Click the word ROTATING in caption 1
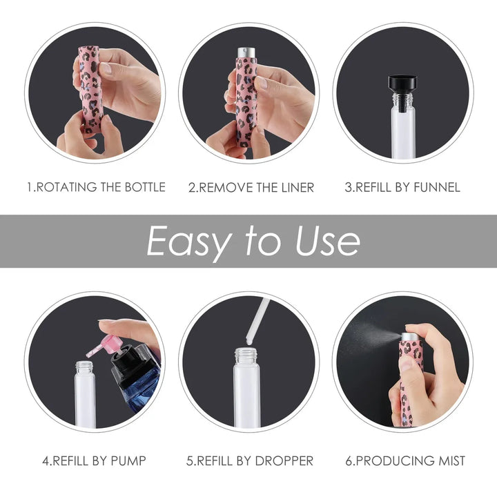67,187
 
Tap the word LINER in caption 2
298,188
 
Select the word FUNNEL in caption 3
437,187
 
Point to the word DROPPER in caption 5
284,461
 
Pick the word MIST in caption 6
451,460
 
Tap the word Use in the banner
327,240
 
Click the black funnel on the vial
402,92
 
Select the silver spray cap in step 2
246,52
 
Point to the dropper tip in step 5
250,341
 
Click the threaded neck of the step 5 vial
246,355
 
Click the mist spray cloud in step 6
371,335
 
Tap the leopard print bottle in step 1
90,89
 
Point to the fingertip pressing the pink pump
106,325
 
